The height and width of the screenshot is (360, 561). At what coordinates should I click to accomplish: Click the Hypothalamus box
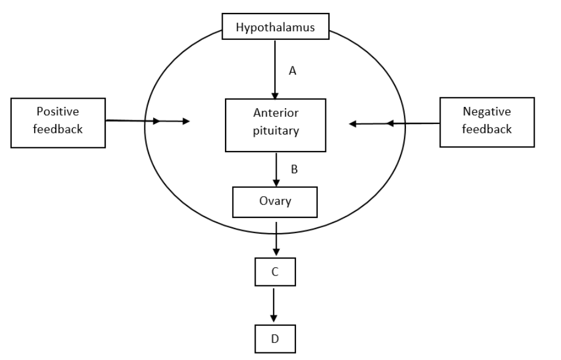click(x=276, y=27)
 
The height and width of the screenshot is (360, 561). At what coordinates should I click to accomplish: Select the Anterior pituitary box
click(x=276, y=125)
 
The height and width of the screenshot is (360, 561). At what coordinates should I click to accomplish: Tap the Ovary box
click(x=275, y=201)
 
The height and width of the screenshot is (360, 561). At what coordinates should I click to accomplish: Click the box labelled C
click(x=274, y=272)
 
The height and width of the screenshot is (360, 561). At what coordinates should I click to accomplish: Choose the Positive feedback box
click(x=58, y=122)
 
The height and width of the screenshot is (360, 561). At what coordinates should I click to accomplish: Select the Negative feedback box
click(x=487, y=122)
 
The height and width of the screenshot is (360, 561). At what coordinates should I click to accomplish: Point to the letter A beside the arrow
click(x=293, y=71)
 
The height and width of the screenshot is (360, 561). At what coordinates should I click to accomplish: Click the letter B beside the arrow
click(x=294, y=170)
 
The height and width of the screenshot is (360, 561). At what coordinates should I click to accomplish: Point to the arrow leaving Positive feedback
click(x=147, y=121)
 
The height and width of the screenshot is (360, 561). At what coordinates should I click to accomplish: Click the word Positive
click(x=58, y=112)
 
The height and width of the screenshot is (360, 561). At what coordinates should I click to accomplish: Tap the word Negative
click(x=487, y=112)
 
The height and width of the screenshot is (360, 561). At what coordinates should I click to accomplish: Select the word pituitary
click(x=276, y=131)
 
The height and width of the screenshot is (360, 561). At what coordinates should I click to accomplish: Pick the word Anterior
click(x=276, y=113)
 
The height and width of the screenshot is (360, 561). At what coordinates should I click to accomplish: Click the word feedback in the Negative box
click(x=487, y=129)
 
